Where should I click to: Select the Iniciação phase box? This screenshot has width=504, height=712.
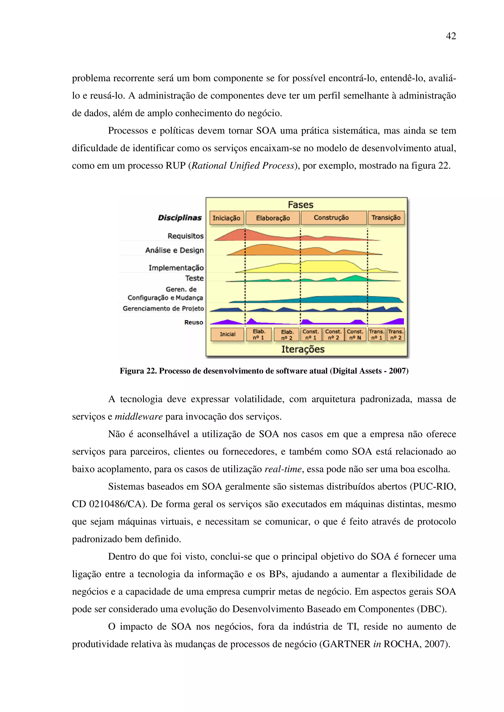[x=226, y=218]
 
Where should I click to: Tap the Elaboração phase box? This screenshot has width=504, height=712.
[x=273, y=218]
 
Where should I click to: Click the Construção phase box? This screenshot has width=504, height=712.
[x=331, y=217]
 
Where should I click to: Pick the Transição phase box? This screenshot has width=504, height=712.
[x=386, y=217]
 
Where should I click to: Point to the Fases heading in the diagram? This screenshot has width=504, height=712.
[x=300, y=205]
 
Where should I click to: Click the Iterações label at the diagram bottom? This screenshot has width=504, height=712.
[x=303, y=349]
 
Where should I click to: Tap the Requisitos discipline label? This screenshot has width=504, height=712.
[x=185, y=236]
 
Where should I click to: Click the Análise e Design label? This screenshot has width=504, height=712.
[x=174, y=250]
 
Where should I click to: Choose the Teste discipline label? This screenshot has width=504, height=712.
[x=194, y=278]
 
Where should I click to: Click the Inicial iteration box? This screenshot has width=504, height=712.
[x=227, y=334]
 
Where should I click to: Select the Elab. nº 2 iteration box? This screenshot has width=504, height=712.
[x=287, y=335]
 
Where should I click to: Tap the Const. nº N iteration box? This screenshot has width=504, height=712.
[x=355, y=335]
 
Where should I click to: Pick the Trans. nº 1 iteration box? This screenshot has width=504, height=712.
[x=376, y=335]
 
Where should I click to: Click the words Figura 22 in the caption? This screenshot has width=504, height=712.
[x=138, y=371]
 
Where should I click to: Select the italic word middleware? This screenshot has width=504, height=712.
[x=139, y=416]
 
